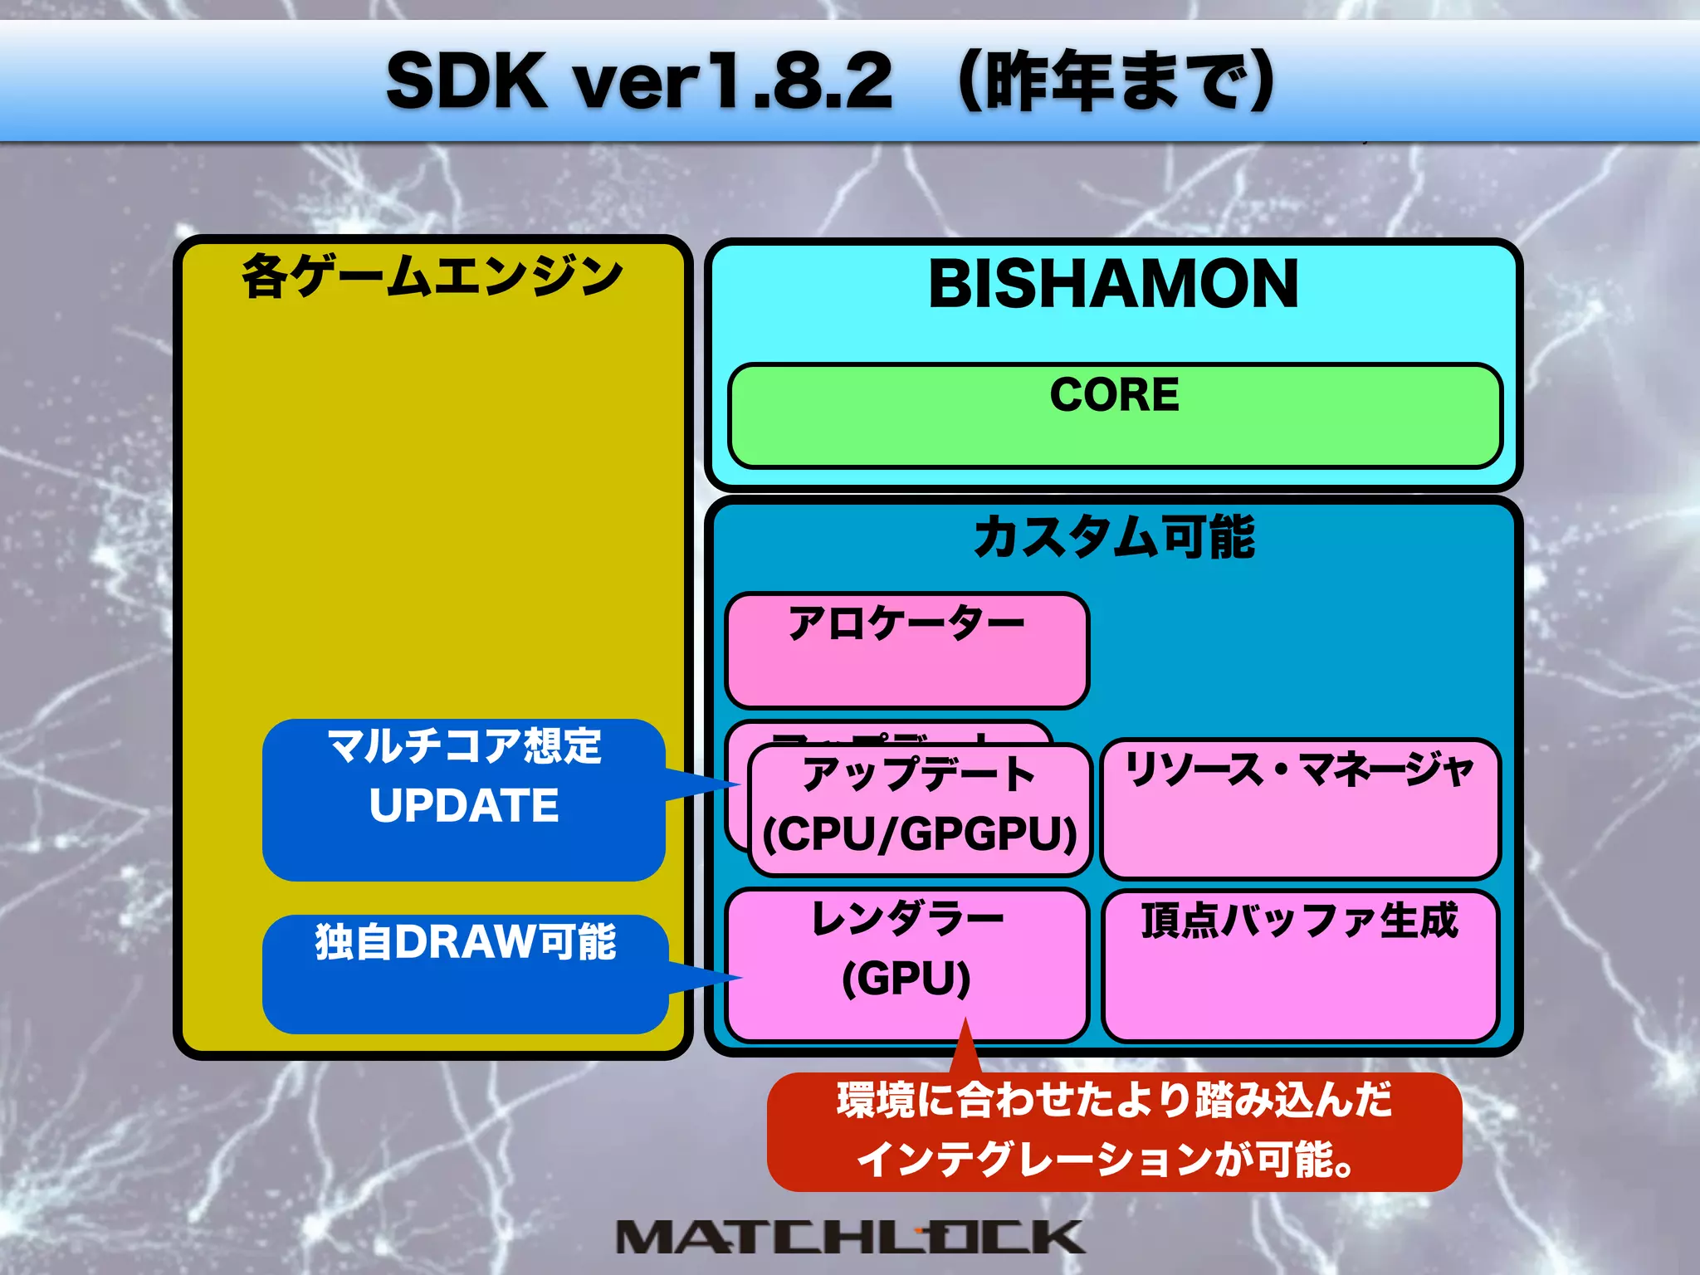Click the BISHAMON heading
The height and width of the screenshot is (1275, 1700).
[1113, 284]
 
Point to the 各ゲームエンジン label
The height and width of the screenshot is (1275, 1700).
[432, 276]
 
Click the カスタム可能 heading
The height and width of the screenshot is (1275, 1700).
[1114, 537]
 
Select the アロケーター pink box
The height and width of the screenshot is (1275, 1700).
[906, 650]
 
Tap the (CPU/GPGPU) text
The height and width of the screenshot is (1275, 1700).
[920, 834]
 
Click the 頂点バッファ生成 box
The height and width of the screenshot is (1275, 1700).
[1300, 965]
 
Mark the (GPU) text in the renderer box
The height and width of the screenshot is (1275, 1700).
[906, 979]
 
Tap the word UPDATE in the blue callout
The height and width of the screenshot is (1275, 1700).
[464, 805]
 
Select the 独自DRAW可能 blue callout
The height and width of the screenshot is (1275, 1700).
[465, 973]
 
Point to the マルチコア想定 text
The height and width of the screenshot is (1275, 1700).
[464, 745]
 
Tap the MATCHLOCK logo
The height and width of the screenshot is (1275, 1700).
[850, 1237]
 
